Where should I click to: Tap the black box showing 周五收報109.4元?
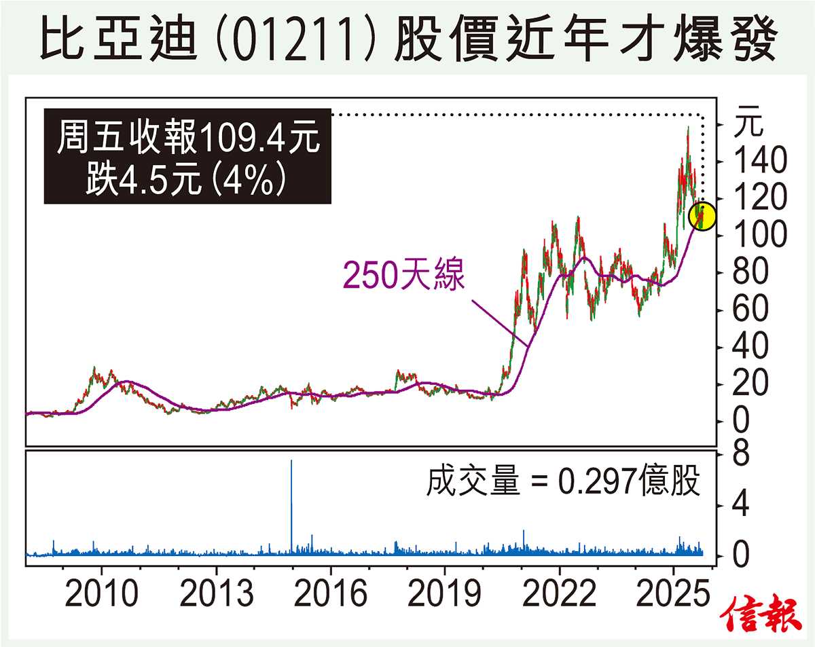click(187, 157)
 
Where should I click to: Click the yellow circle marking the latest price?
click(702, 217)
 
